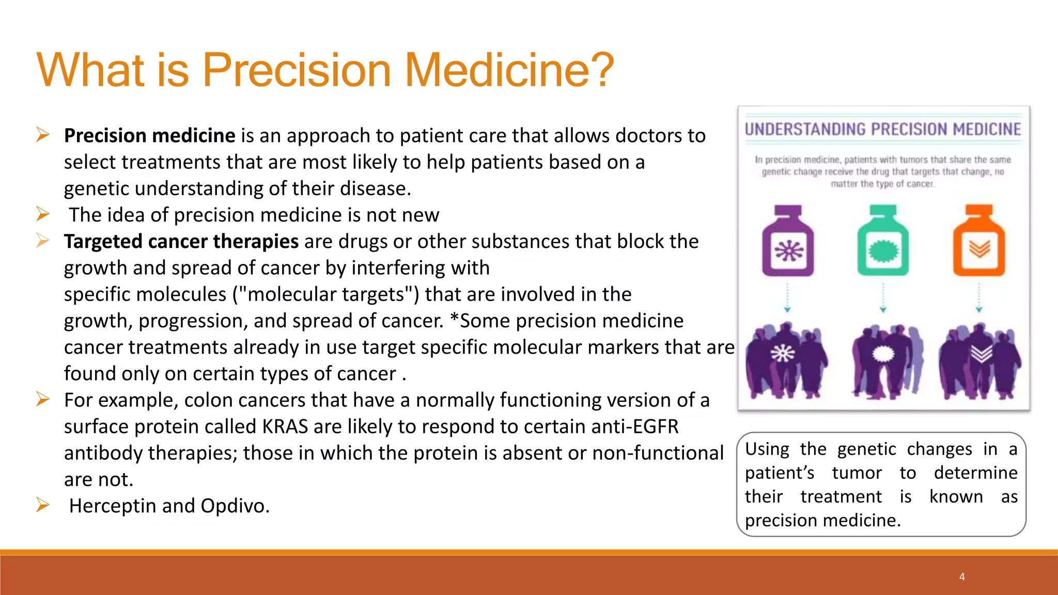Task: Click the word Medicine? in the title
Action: coord(509,70)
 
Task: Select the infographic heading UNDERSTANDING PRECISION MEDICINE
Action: coord(883,129)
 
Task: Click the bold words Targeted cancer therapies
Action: coord(181,241)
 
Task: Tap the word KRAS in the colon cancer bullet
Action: coord(285,427)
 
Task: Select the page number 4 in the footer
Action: coord(962,577)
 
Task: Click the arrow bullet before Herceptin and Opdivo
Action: coord(43,505)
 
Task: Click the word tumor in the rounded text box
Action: coord(857,473)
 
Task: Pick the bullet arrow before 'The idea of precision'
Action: coord(43,214)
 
